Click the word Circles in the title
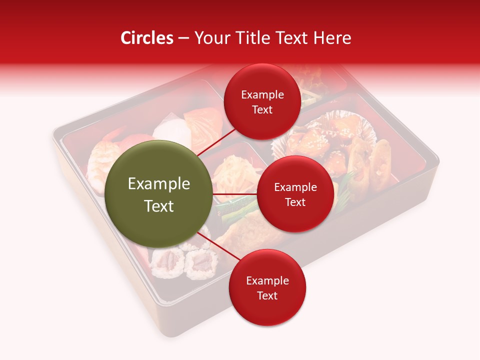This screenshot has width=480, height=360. coord(146,38)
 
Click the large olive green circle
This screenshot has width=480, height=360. coord(158,194)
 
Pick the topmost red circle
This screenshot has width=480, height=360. coord(262,101)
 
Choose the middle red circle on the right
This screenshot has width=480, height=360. coord(295,194)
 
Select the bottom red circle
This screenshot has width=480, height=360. coord(267,287)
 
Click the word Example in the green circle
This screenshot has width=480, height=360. coord(158,184)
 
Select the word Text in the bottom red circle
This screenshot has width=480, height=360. coord(267,295)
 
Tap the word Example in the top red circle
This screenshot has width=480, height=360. coord(262,94)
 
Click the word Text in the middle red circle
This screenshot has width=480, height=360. coord(295,202)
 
